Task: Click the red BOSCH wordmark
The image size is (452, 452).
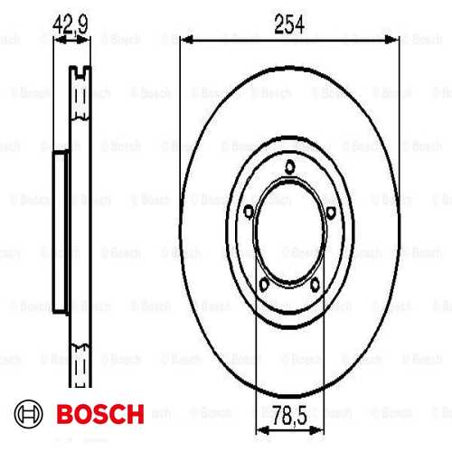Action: (x=99, y=415)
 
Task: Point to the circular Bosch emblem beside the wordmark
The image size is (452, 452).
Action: (x=31, y=415)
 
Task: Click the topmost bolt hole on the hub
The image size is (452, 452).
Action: (x=288, y=165)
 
